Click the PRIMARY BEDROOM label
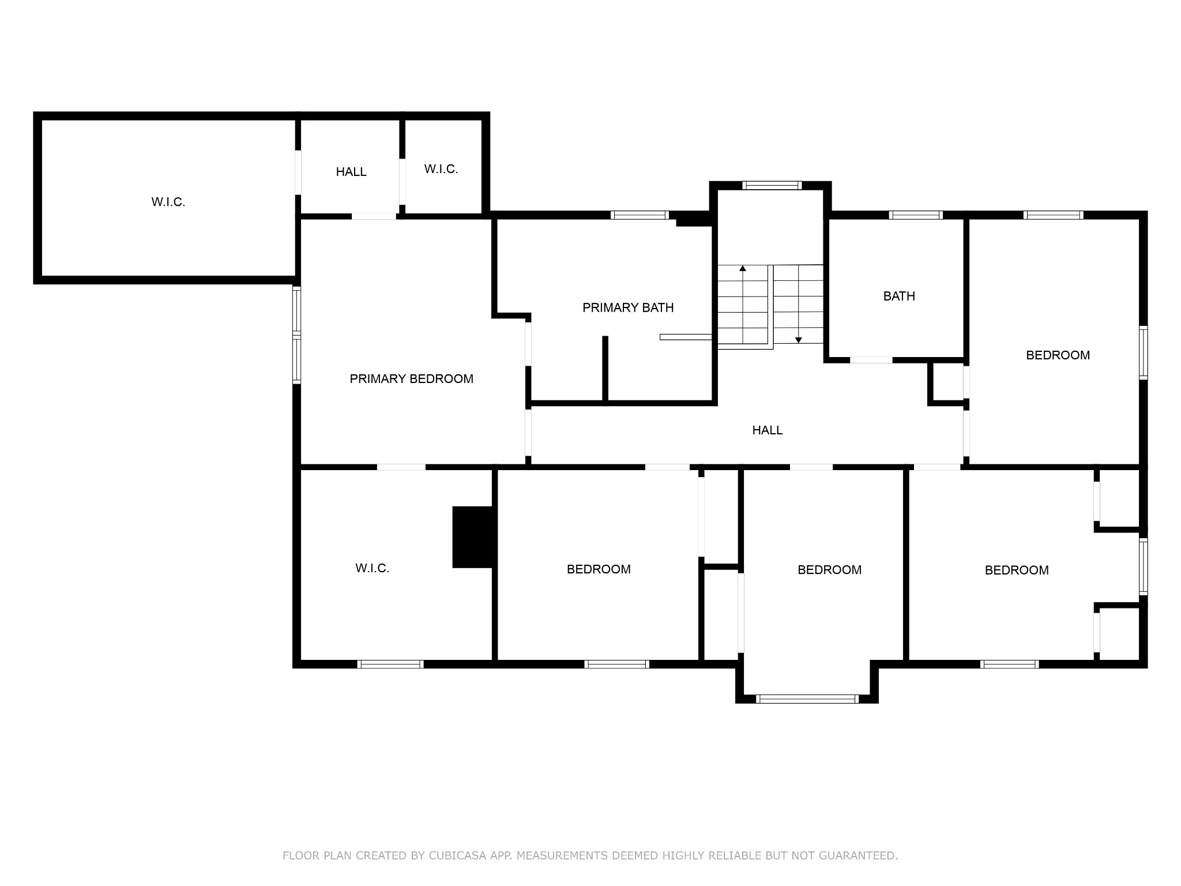(411, 379)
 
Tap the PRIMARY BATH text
(628, 308)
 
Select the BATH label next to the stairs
(899, 296)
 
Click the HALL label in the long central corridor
(767, 430)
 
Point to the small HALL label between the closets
(351, 172)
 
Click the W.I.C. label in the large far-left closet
(168, 202)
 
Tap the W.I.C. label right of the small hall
(441, 170)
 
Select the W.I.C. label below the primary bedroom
(373, 569)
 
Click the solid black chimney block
(475, 537)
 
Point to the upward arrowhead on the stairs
(743, 268)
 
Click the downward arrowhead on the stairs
(799, 340)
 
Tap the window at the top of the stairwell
(772, 186)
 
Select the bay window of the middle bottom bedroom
(807, 699)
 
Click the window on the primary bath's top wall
(640, 215)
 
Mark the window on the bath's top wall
(916, 215)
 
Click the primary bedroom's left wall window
(297, 335)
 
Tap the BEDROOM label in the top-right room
(1058, 355)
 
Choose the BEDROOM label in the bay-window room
(829, 570)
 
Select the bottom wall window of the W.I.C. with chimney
(391, 664)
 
